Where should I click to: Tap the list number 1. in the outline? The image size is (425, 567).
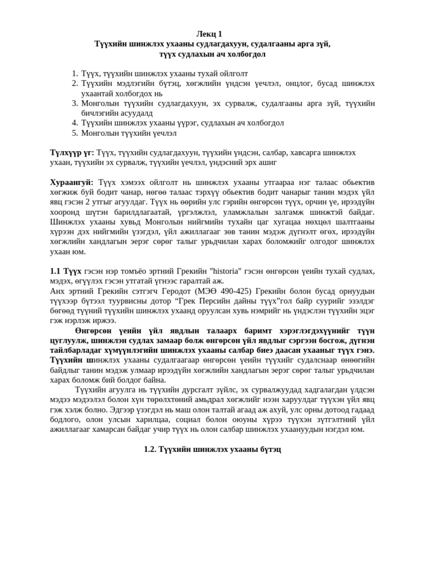coord(75,74)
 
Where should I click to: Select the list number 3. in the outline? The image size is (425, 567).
coord(75,103)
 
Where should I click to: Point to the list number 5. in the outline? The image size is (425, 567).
coord(75,133)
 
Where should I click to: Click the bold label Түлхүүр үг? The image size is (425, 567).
coord(72,152)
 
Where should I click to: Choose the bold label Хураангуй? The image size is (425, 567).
coord(72,182)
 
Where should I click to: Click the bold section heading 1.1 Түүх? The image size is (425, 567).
coord(65,271)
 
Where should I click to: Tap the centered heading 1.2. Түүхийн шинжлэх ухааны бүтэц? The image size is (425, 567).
coord(212,449)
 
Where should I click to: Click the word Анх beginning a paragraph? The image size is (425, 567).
coord(57,291)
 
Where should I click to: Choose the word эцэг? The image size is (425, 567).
coord(367,311)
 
